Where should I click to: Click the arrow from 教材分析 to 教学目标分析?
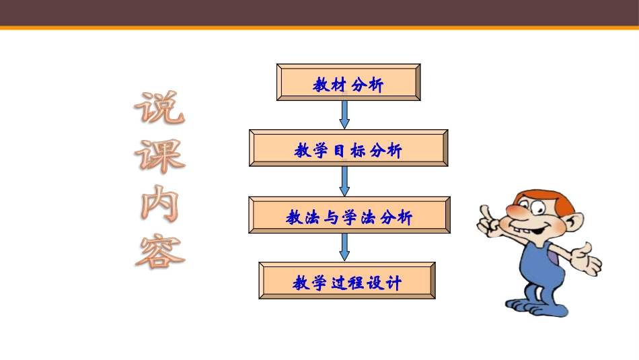(x=345, y=114)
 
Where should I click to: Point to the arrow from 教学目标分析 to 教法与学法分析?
(x=345, y=181)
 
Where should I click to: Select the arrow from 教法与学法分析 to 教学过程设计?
(x=345, y=247)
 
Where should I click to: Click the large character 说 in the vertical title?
(x=159, y=108)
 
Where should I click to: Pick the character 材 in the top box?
(x=339, y=85)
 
